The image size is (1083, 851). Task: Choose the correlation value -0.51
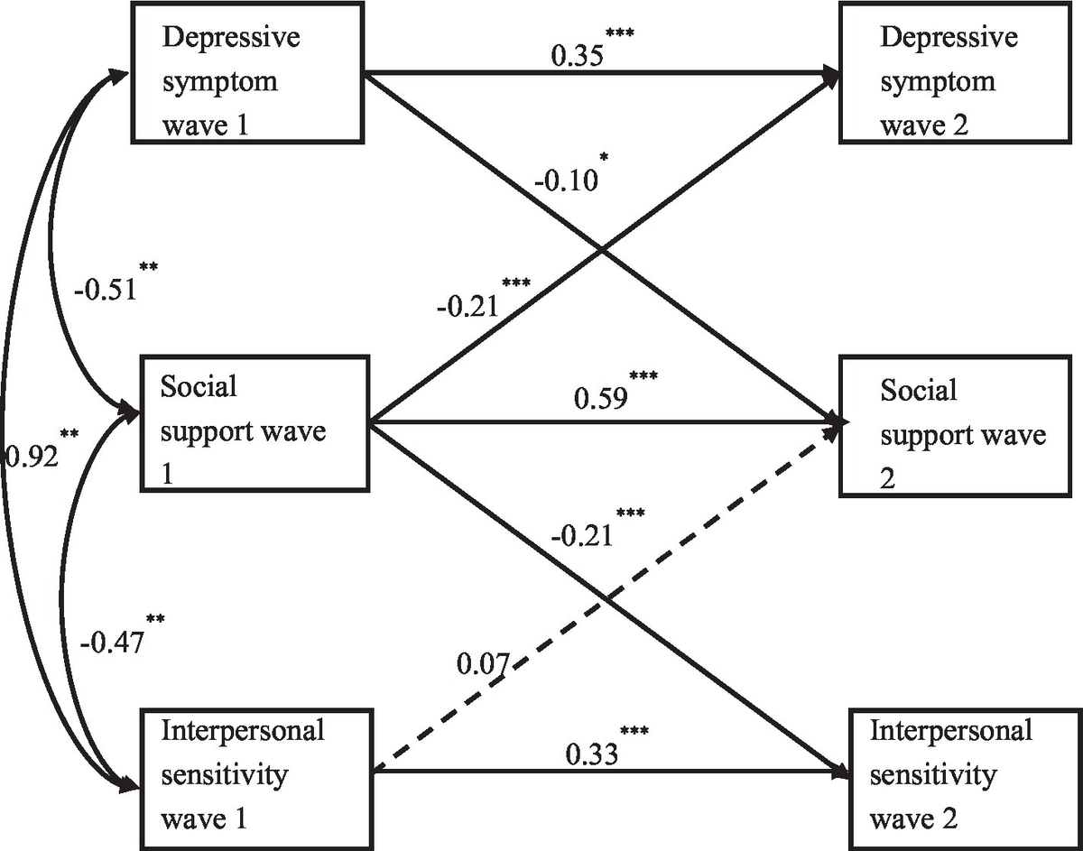click(x=105, y=290)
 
